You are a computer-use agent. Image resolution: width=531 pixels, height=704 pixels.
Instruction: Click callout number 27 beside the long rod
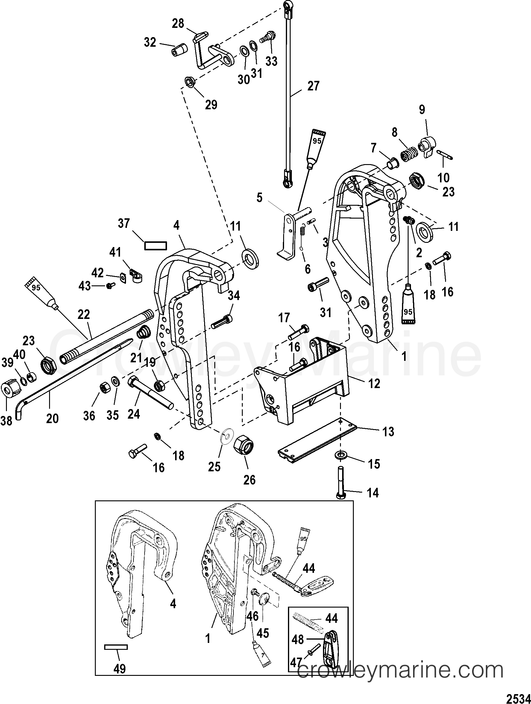[313, 86]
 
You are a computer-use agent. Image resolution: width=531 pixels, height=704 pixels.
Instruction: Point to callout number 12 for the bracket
[374, 384]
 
